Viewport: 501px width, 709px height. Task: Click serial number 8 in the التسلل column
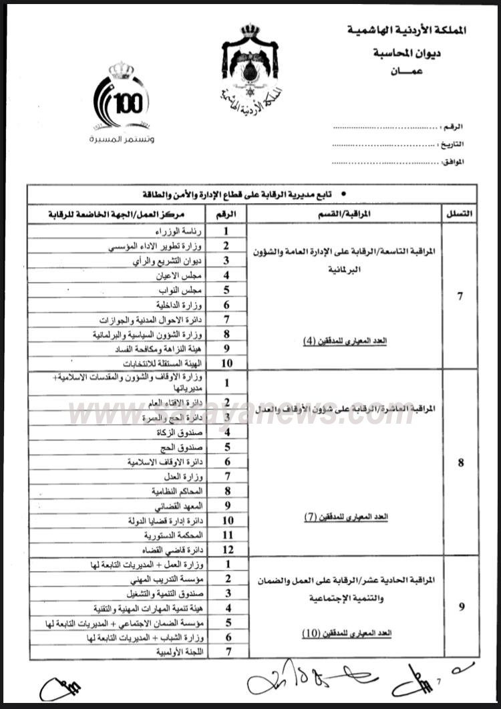[460, 462]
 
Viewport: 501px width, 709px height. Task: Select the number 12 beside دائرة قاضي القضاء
[227, 550]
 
